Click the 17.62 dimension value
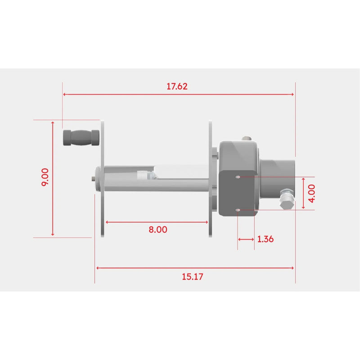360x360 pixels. pos(177,86)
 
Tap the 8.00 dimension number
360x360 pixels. pos(157,229)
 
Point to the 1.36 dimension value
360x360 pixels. pos(265,239)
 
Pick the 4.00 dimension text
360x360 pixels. pos(312,193)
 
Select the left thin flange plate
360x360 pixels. pos(103,179)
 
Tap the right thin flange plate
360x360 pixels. pos(210,179)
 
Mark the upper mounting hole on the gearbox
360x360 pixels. pos(238,177)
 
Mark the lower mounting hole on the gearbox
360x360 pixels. pos(238,210)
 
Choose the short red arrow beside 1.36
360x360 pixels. pos(246,239)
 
